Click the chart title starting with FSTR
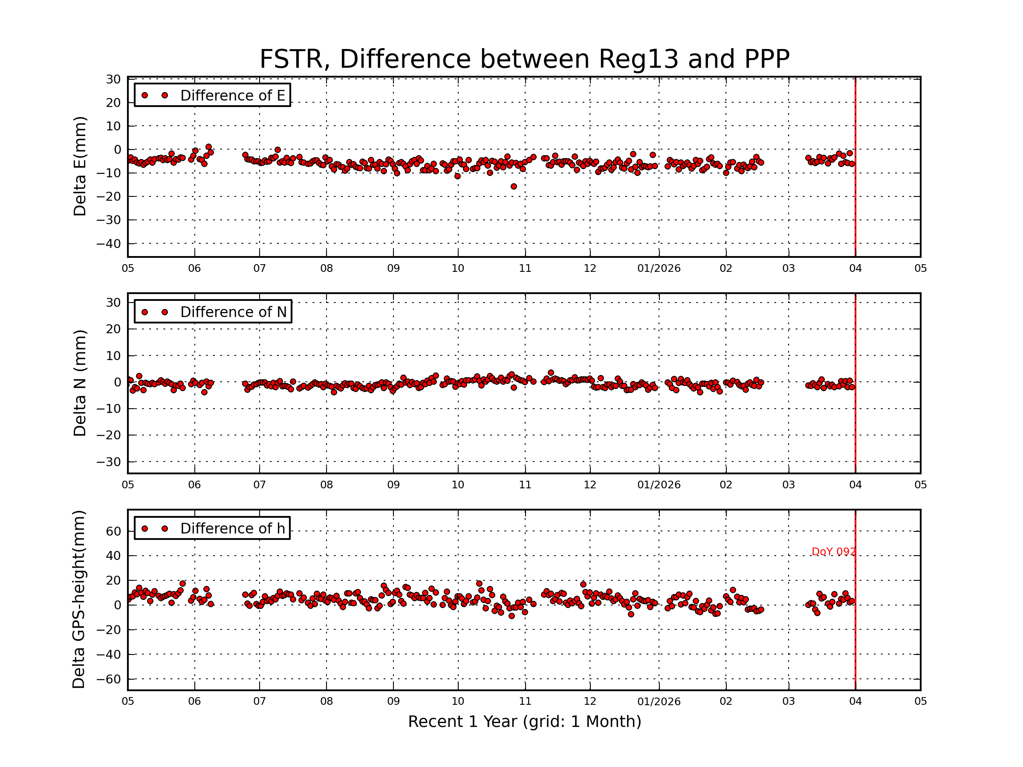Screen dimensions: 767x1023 pyautogui.click(x=524, y=59)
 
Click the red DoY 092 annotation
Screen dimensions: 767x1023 pyautogui.click(x=833, y=552)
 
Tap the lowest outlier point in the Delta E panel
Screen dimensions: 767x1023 pyautogui.click(x=514, y=186)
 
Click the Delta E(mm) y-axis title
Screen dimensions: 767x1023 pyautogui.click(x=80, y=167)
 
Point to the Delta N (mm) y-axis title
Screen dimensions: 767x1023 pyautogui.click(x=80, y=383)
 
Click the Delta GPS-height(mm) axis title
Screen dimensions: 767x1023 pyautogui.click(x=78, y=600)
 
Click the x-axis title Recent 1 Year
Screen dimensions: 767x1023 pyautogui.click(x=524, y=721)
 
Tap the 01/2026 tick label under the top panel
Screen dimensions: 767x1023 pyautogui.click(x=659, y=268)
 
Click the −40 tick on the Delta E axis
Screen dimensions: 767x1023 pyautogui.click(x=108, y=244)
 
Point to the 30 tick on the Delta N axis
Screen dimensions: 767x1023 pyautogui.click(x=113, y=303)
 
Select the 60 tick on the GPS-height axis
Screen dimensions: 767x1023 pyautogui.click(x=113, y=532)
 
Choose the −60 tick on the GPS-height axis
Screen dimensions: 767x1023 pyautogui.click(x=108, y=679)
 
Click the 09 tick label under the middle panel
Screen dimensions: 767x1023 pyautogui.click(x=393, y=485)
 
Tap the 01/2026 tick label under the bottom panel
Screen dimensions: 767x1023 pyautogui.click(x=659, y=701)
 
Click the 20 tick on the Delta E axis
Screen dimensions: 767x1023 pyautogui.click(x=113, y=103)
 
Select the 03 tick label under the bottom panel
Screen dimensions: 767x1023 pyautogui.click(x=789, y=701)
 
